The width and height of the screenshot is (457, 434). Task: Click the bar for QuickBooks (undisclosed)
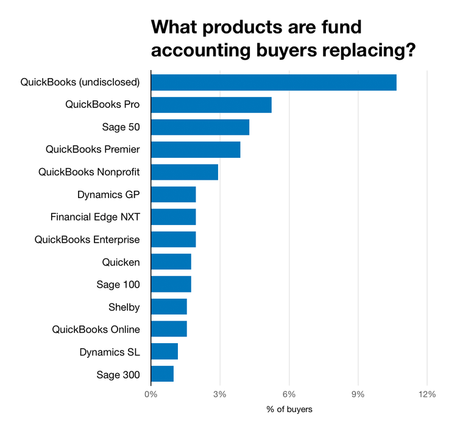(274, 82)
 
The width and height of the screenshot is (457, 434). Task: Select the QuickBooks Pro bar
(211, 105)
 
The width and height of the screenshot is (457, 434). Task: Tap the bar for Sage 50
(200, 127)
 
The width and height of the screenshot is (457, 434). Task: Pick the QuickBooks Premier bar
(196, 149)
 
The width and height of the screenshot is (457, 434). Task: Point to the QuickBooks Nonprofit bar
(184, 172)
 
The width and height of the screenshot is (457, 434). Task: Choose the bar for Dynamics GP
(173, 194)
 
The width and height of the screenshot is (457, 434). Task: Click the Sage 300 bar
(162, 374)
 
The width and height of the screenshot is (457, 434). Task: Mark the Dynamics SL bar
(164, 352)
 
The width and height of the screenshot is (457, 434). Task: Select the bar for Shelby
(169, 307)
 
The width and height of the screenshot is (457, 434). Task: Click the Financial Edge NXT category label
(95, 217)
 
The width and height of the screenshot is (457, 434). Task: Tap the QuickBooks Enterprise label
(87, 240)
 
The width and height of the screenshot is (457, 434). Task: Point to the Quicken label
(121, 262)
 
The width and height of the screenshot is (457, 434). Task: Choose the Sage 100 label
(118, 285)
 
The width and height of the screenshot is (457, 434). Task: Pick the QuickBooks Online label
(96, 329)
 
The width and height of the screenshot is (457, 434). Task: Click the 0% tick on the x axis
(151, 394)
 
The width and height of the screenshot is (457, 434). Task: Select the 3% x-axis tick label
(220, 394)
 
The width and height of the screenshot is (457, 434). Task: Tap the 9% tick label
(358, 394)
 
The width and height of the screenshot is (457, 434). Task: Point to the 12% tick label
(427, 394)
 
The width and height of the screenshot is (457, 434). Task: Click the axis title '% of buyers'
(289, 410)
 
